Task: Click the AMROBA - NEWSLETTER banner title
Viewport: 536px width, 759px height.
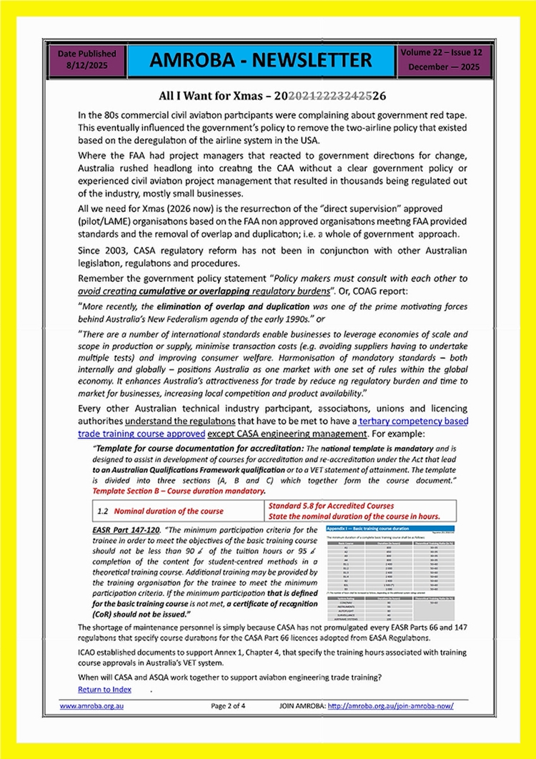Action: tap(262, 62)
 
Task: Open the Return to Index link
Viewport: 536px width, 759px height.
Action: tap(104, 689)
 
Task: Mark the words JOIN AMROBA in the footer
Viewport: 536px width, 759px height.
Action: tap(301, 705)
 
